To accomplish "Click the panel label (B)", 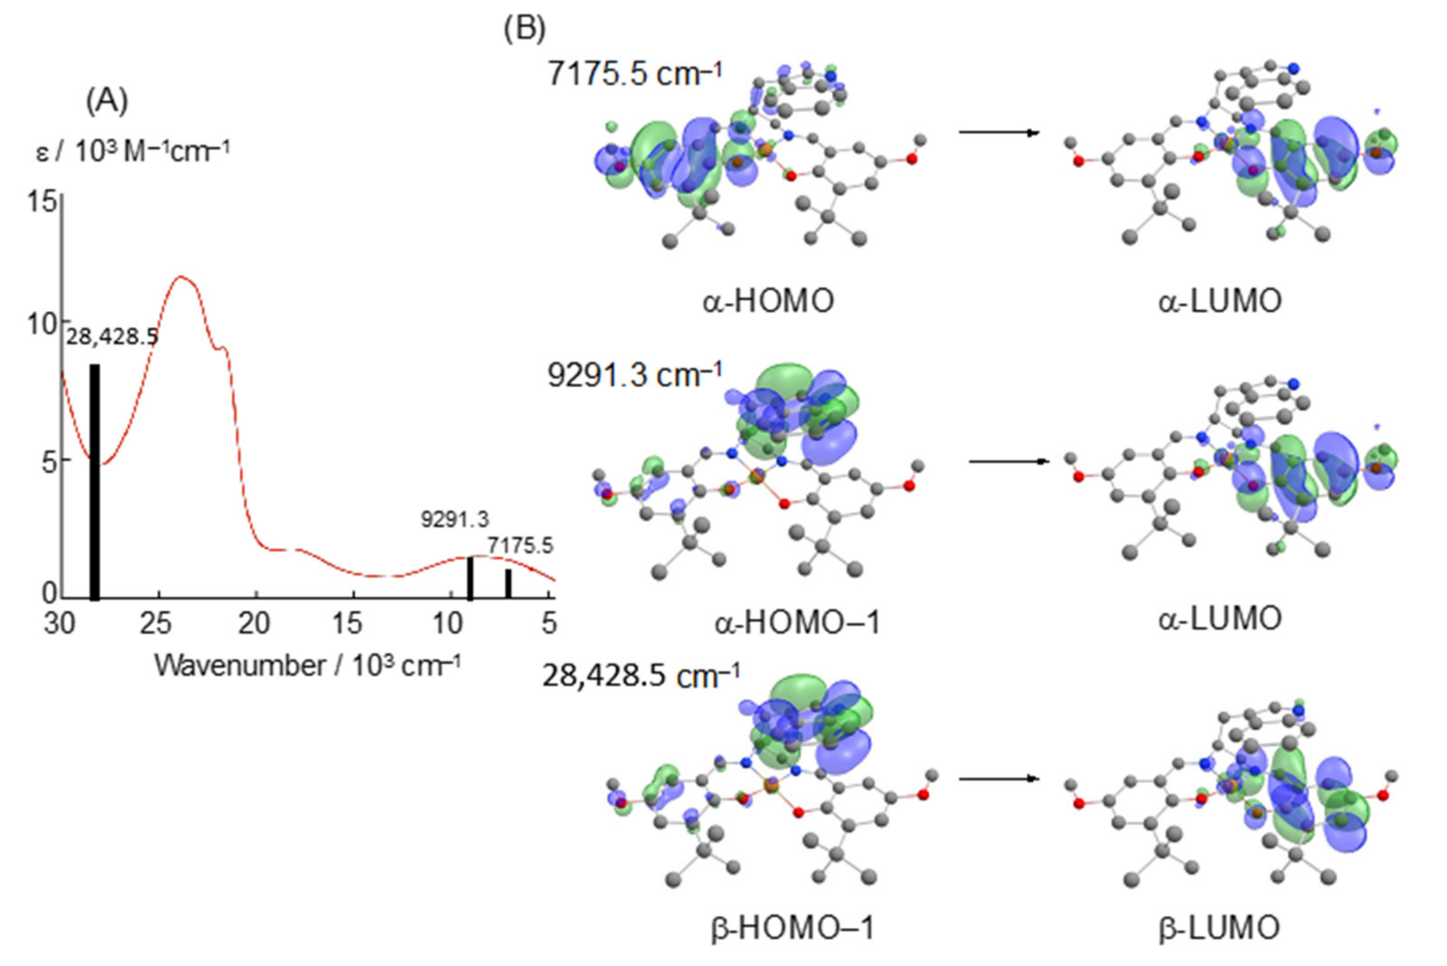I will [x=524, y=29].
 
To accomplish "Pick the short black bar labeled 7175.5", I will [x=509, y=583].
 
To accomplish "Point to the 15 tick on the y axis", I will [x=42, y=202].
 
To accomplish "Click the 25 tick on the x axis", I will [x=155, y=624].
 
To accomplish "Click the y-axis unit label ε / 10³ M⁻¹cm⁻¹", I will [x=133, y=152].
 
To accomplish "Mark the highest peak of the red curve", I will [x=180, y=277].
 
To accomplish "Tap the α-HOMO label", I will [x=768, y=301].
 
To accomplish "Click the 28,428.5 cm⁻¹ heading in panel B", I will [x=641, y=677].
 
